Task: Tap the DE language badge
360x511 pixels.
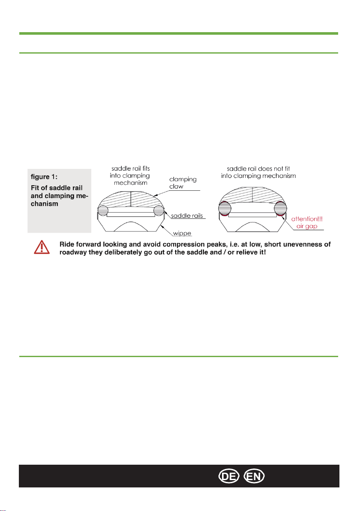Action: pyautogui.click(x=229, y=476)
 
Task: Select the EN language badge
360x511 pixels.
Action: pyautogui.click(x=254, y=476)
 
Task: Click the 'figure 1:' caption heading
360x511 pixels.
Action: pyautogui.click(x=44, y=177)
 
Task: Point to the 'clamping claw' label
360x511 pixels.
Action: pyautogui.click(x=183, y=183)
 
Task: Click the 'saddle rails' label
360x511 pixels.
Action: pyautogui.click(x=187, y=216)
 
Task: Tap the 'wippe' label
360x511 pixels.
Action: pyautogui.click(x=182, y=233)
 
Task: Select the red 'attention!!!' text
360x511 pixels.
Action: pyautogui.click(x=307, y=219)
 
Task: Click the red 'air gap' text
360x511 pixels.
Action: pyautogui.click(x=306, y=226)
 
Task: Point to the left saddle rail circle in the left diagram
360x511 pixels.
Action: pyautogui.click(x=103, y=210)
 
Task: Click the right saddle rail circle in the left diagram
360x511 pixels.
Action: pyautogui.click(x=159, y=210)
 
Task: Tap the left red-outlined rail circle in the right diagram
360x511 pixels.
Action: pyautogui.click(x=225, y=209)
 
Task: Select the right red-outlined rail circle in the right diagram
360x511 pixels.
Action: pyautogui.click(x=281, y=209)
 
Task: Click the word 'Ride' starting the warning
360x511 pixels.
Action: pyautogui.click(x=67, y=244)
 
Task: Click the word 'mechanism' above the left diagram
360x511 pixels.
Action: pyautogui.click(x=131, y=183)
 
